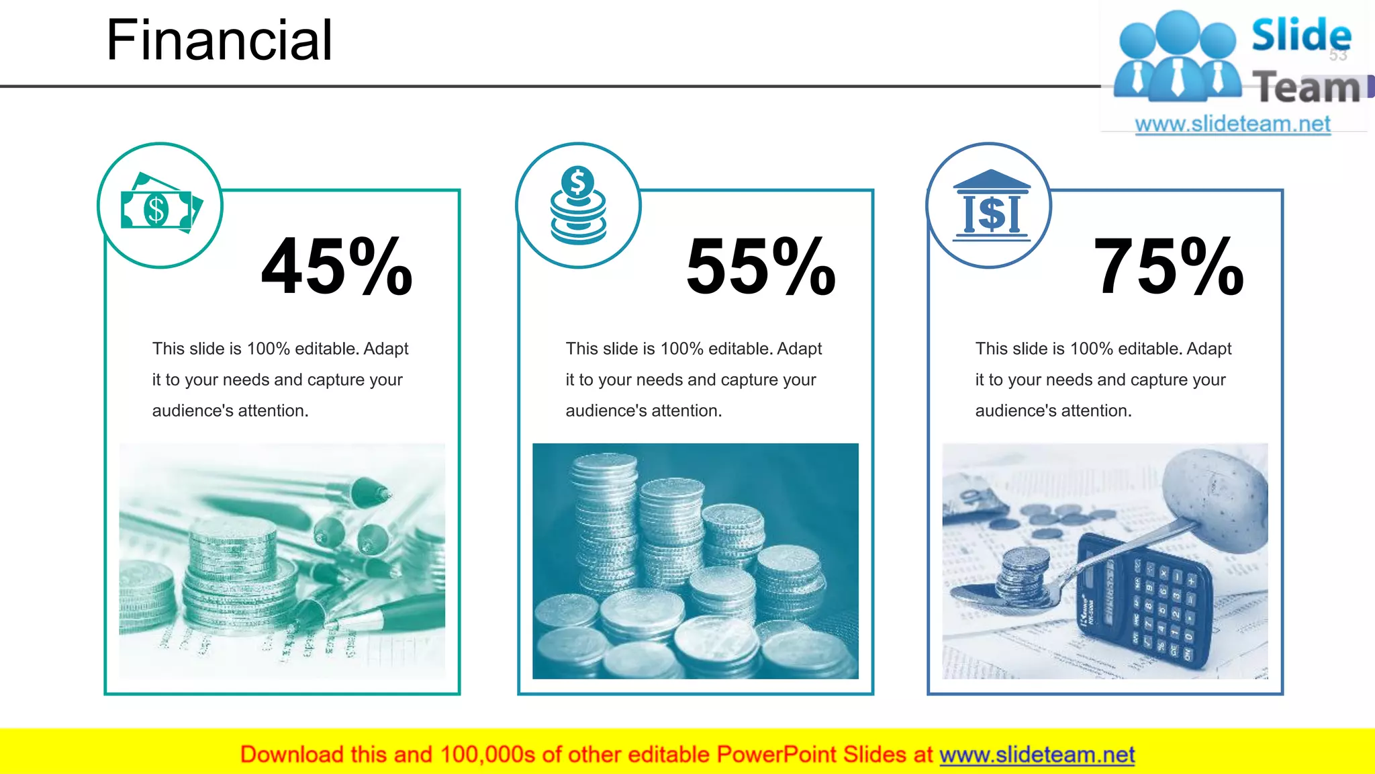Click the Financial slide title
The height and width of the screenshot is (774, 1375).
tap(219, 40)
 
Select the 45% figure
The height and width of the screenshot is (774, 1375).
tap(336, 267)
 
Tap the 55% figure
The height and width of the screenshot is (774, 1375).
tap(761, 267)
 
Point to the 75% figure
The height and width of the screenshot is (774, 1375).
tap(1169, 267)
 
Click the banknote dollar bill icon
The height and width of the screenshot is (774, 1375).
tap(160, 204)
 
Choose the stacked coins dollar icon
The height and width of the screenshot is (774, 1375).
tap(578, 204)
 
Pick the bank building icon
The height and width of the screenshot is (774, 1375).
tap(991, 205)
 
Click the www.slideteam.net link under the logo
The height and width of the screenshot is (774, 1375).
tap(1233, 124)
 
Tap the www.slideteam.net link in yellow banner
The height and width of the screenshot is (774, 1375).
tap(1037, 755)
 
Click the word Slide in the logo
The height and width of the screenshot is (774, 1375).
tap(1300, 35)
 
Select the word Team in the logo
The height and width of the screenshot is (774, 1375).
tap(1305, 88)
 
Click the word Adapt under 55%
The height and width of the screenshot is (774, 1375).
tap(799, 349)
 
